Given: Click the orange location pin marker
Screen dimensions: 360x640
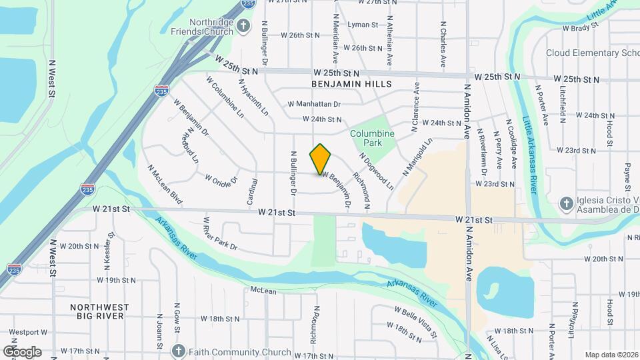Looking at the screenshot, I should [321, 159].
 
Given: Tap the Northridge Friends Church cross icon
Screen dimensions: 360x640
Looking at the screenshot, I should [243, 26].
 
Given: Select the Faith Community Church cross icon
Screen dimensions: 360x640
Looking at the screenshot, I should [178, 351].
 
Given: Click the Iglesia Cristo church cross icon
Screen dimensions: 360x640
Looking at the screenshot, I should [566, 203].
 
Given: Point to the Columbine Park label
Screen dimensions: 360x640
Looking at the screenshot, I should [373, 138].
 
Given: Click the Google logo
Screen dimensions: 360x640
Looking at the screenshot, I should [22, 351].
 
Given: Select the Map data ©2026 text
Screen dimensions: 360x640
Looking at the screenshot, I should [611, 355].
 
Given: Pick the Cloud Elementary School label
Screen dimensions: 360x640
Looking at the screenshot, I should [592, 53].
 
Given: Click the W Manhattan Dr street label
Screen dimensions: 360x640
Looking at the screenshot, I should [314, 104].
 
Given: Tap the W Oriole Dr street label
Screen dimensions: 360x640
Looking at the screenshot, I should [221, 180].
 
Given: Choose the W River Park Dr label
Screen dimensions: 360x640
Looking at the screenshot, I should [220, 234].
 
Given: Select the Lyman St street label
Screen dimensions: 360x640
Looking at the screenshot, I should [363, 25].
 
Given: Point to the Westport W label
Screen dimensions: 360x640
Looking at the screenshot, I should [28, 331].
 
